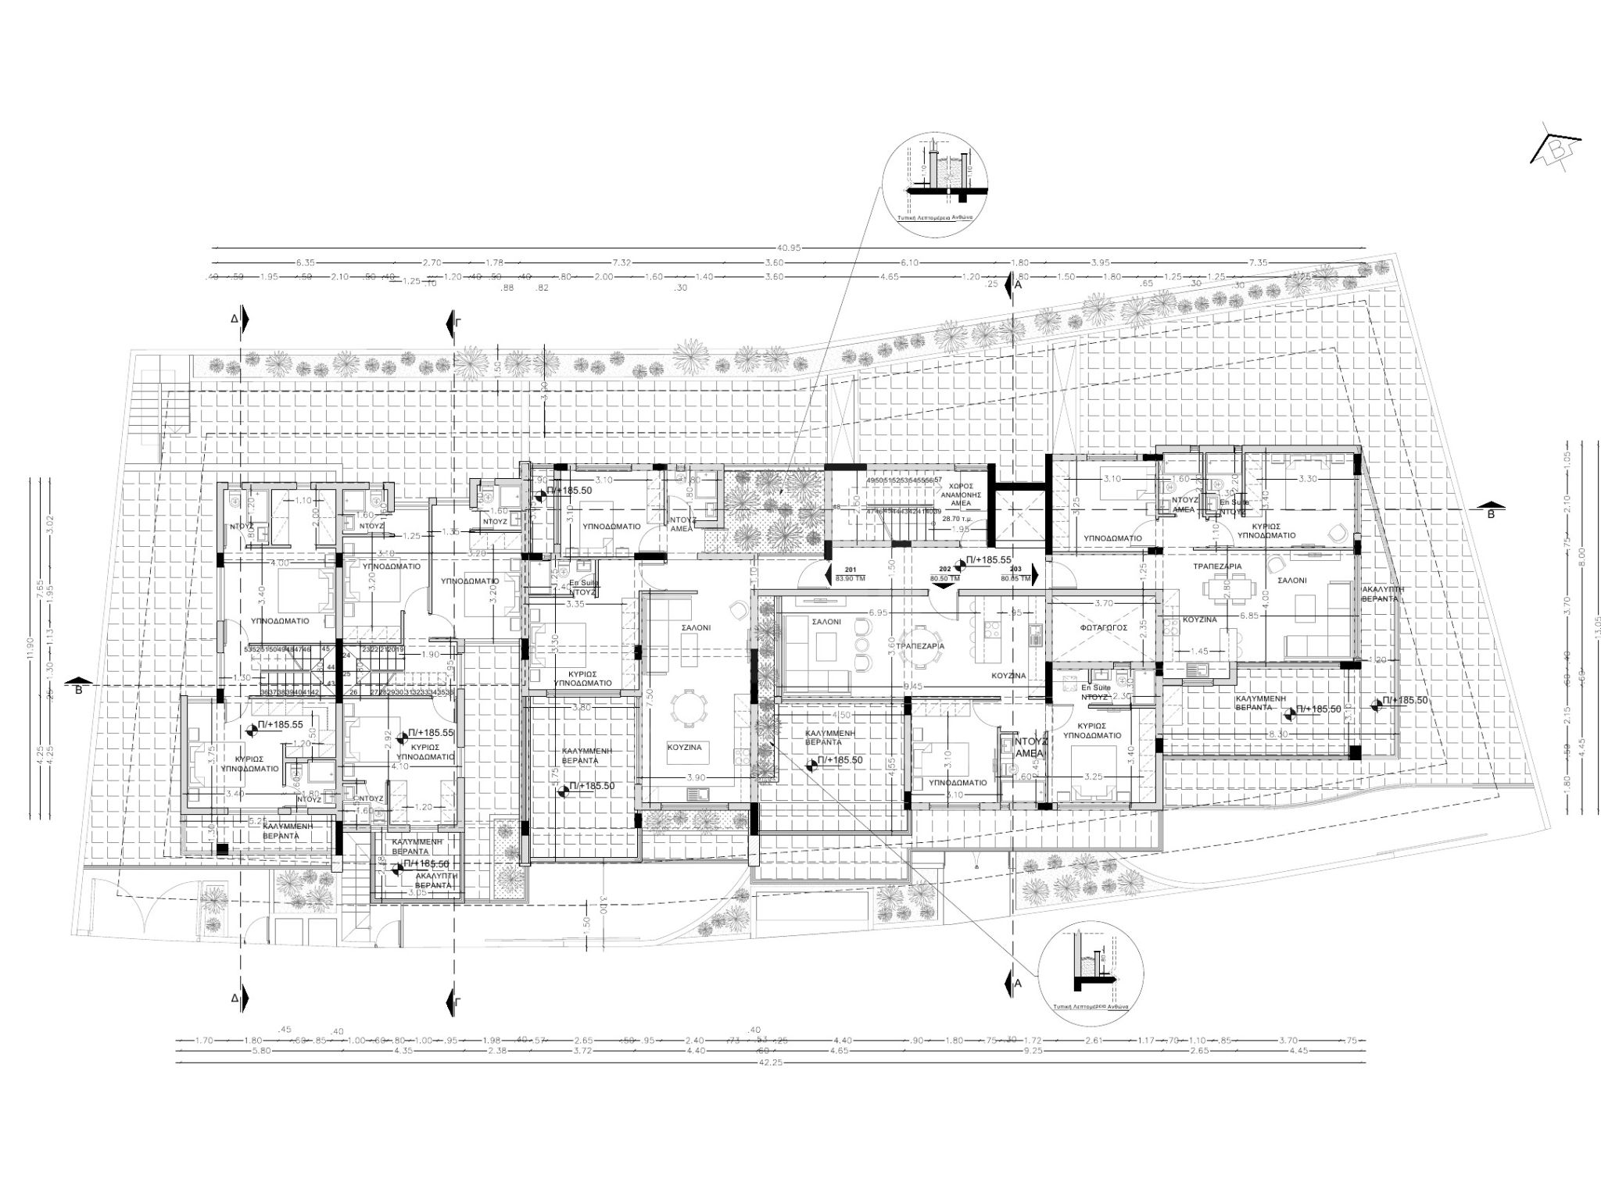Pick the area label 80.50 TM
pyautogui.click(x=944, y=579)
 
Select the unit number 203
pyautogui.click(x=1015, y=570)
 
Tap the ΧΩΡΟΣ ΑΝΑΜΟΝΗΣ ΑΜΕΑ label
pyautogui.click(x=961, y=495)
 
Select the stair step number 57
pyautogui.click(x=937, y=480)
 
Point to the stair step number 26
pyautogui.click(x=353, y=692)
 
